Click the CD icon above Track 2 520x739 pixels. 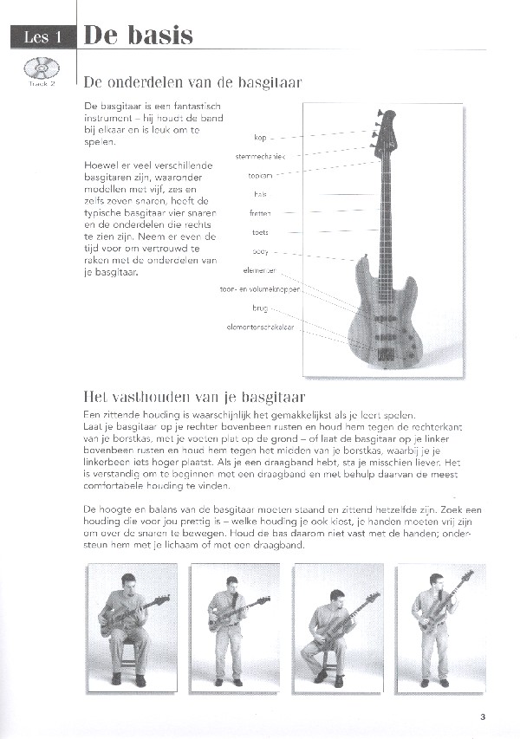(36, 67)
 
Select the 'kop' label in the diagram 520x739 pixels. (260, 137)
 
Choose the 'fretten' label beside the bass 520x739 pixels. (259, 213)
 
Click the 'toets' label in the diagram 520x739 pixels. (260, 232)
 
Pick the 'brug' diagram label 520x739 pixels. (260, 308)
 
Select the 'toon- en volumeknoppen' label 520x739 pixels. (260, 288)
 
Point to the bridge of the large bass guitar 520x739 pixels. (387, 352)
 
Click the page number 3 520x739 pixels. (482, 716)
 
